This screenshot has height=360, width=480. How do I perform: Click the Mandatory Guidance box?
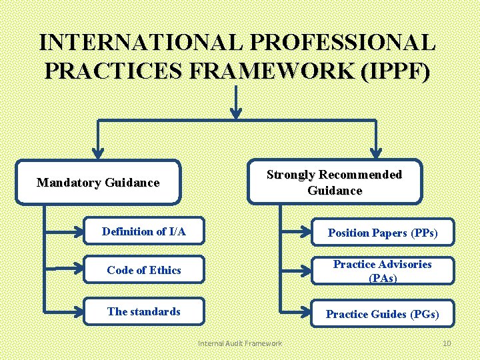pyautogui.click(x=98, y=181)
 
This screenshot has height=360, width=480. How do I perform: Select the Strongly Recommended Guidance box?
pyautogui.click(x=334, y=181)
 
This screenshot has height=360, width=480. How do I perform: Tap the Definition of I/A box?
pyautogui.click(x=144, y=232)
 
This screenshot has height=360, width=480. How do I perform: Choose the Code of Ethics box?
pyautogui.click(x=144, y=270)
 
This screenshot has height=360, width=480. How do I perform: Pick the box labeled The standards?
pyautogui.click(x=144, y=311)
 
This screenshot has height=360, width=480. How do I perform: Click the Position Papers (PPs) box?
pyautogui.click(x=382, y=233)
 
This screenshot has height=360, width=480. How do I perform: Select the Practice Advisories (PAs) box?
pyautogui.click(x=382, y=271)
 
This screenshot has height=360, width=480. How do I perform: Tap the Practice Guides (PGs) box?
pyautogui.click(x=382, y=313)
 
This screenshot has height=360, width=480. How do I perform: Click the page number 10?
pyautogui.click(x=447, y=343)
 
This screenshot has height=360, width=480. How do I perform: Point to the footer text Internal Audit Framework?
pyautogui.click(x=240, y=343)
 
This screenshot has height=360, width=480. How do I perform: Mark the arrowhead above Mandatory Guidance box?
pyautogui.click(x=99, y=153)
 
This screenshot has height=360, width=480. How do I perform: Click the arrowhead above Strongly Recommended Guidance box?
pyautogui.click(x=376, y=153)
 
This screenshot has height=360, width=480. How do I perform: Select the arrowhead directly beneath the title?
pyautogui.click(x=236, y=113)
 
